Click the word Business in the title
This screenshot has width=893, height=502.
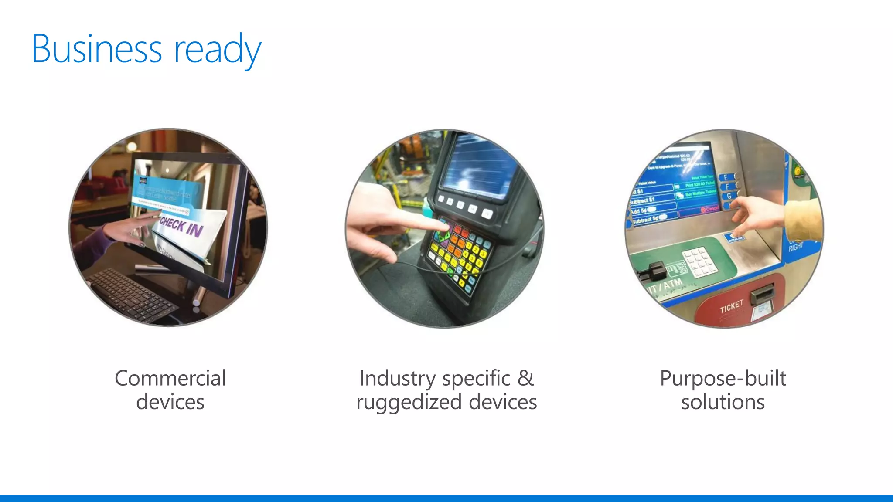97,49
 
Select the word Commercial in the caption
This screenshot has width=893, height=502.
170,378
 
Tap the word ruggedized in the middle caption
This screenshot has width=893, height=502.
409,402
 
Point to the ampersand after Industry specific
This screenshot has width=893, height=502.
525,378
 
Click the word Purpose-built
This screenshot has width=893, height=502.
723,378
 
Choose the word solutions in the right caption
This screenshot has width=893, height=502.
723,402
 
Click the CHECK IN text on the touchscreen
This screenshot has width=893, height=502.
181,227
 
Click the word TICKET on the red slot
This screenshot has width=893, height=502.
731,306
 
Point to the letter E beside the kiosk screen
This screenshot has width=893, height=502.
726,177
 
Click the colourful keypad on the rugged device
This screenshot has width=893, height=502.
458,253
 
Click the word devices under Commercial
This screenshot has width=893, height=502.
170,402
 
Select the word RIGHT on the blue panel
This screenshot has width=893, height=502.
796,247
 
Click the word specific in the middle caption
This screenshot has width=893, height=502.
476,378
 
